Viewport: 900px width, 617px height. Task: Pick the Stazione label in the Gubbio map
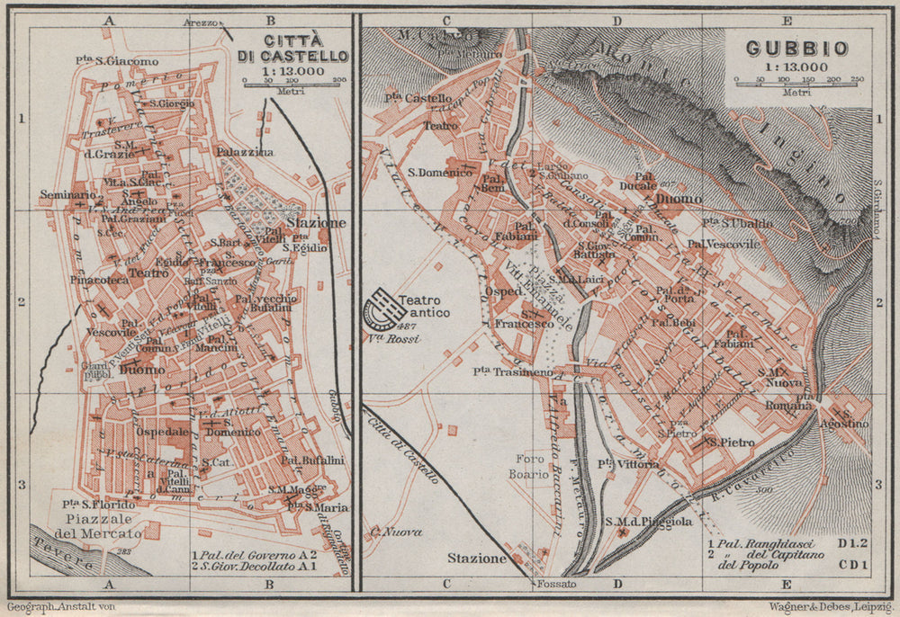pos(477,558)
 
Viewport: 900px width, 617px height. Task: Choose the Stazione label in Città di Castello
pos(315,222)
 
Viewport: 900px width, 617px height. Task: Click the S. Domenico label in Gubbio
pos(440,173)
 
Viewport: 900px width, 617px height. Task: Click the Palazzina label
pos(247,154)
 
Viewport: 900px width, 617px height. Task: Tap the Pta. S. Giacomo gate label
pos(105,60)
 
